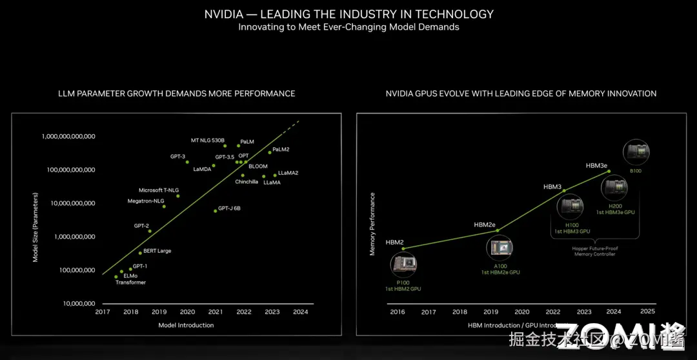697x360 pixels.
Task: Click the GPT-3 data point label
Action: click(x=177, y=157)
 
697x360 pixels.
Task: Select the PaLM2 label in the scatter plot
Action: click(x=281, y=150)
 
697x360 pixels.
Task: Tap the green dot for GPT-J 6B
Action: click(x=216, y=211)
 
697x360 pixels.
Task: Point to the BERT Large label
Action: click(x=157, y=251)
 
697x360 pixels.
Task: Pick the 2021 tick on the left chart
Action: click(x=216, y=312)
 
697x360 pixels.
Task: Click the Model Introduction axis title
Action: click(x=186, y=325)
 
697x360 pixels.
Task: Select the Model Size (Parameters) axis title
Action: click(x=36, y=226)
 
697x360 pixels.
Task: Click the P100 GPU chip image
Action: click(x=404, y=263)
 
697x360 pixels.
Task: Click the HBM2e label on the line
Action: click(x=485, y=225)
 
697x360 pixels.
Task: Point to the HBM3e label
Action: click(x=596, y=166)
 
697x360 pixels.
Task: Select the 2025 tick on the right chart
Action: click(x=647, y=311)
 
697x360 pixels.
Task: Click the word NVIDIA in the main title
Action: click(x=224, y=14)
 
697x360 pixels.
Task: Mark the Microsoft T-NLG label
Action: click(x=159, y=190)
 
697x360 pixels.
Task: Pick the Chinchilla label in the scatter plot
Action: click(x=247, y=182)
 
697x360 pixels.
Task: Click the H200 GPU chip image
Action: click(x=614, y=188)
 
